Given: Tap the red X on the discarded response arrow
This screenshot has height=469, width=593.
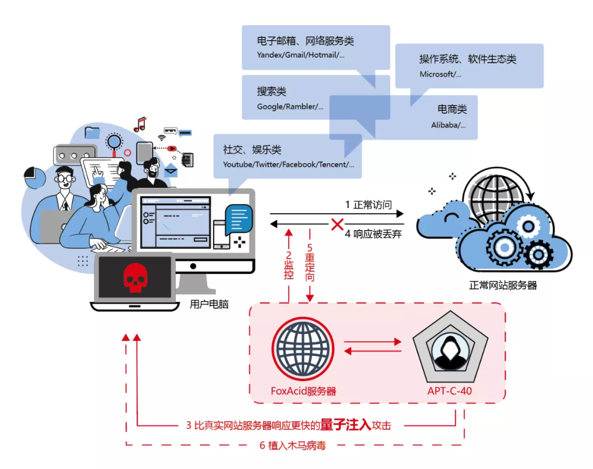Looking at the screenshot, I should (x=337, y=224).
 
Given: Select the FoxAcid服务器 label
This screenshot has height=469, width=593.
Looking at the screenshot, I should (x=303, y=391).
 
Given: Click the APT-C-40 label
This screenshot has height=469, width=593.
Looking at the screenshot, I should (x=450, y=391).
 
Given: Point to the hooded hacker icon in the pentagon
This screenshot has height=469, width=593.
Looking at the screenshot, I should (x=450, y=350).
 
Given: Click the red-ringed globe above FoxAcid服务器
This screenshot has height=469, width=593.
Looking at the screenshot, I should (x=303, y=347).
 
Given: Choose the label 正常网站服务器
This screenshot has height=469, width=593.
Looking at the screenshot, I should (x=502, y=286).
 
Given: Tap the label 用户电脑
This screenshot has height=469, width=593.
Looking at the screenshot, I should (x=209, y=304).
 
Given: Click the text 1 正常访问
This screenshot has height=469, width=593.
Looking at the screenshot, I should (x=368, y=205).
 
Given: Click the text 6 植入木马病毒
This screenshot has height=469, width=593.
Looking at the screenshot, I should (x=293, y=445).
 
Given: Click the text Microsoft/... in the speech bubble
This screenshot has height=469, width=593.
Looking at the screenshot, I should (x=440, y=74).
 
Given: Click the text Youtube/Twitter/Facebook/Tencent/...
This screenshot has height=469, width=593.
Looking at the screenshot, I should (x=288, y=164).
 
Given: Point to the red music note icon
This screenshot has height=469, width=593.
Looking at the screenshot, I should (x=141, y=124).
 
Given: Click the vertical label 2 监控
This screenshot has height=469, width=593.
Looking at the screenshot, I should (x=289, y=266).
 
